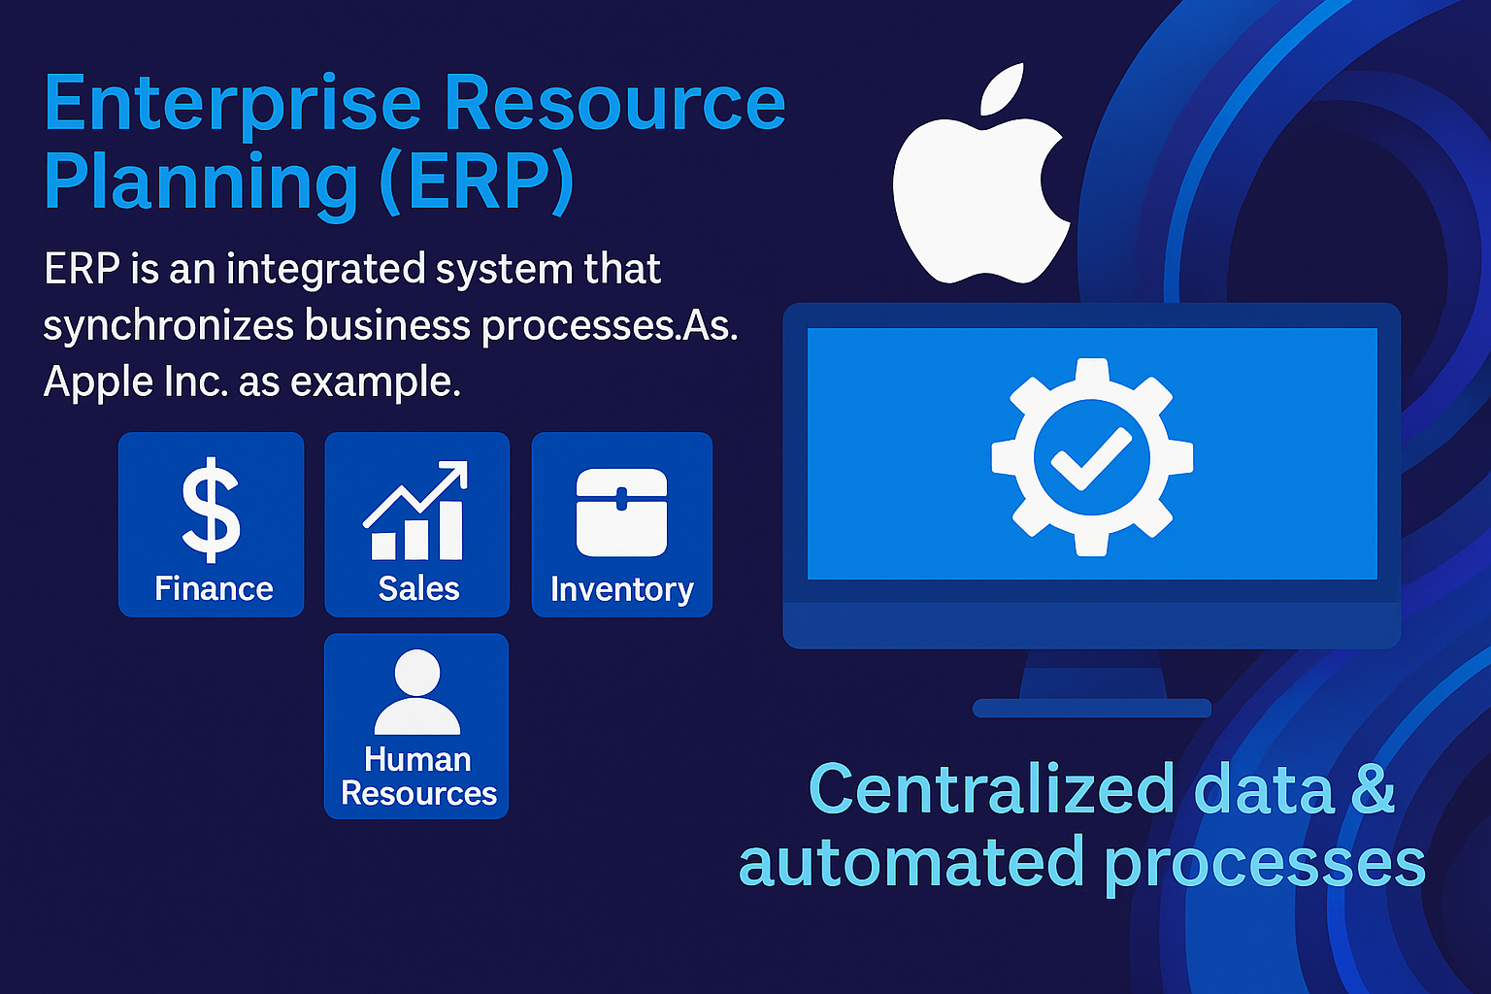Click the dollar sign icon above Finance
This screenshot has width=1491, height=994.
[x=211, y=510]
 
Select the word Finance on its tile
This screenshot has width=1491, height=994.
[x=214, y=588]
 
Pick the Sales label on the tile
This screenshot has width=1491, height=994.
[x=418, y=588]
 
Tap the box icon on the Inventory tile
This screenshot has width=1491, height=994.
[x=621, y=512]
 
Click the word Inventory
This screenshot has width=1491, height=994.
[x=621, y=590]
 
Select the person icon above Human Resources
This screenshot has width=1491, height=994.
[x=417, y=692]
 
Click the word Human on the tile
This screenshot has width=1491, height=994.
[x=417, y=759]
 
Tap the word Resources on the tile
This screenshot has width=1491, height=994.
[x=418, y=793]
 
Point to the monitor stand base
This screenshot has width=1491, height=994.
[x=1092, y=708]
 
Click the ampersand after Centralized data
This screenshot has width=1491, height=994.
[x=1373, y=789]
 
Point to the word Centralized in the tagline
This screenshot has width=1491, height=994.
[x=992, y=789]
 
